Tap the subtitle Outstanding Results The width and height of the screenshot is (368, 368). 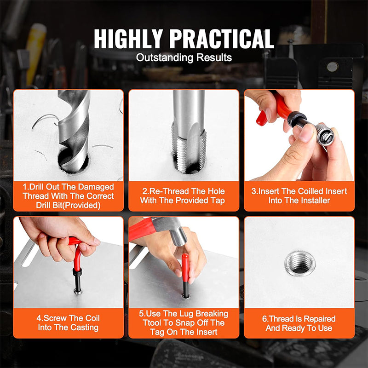click(184, 58)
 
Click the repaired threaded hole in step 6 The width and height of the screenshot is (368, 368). click(299, 263)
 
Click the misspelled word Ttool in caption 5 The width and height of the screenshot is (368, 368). click(150, 323)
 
